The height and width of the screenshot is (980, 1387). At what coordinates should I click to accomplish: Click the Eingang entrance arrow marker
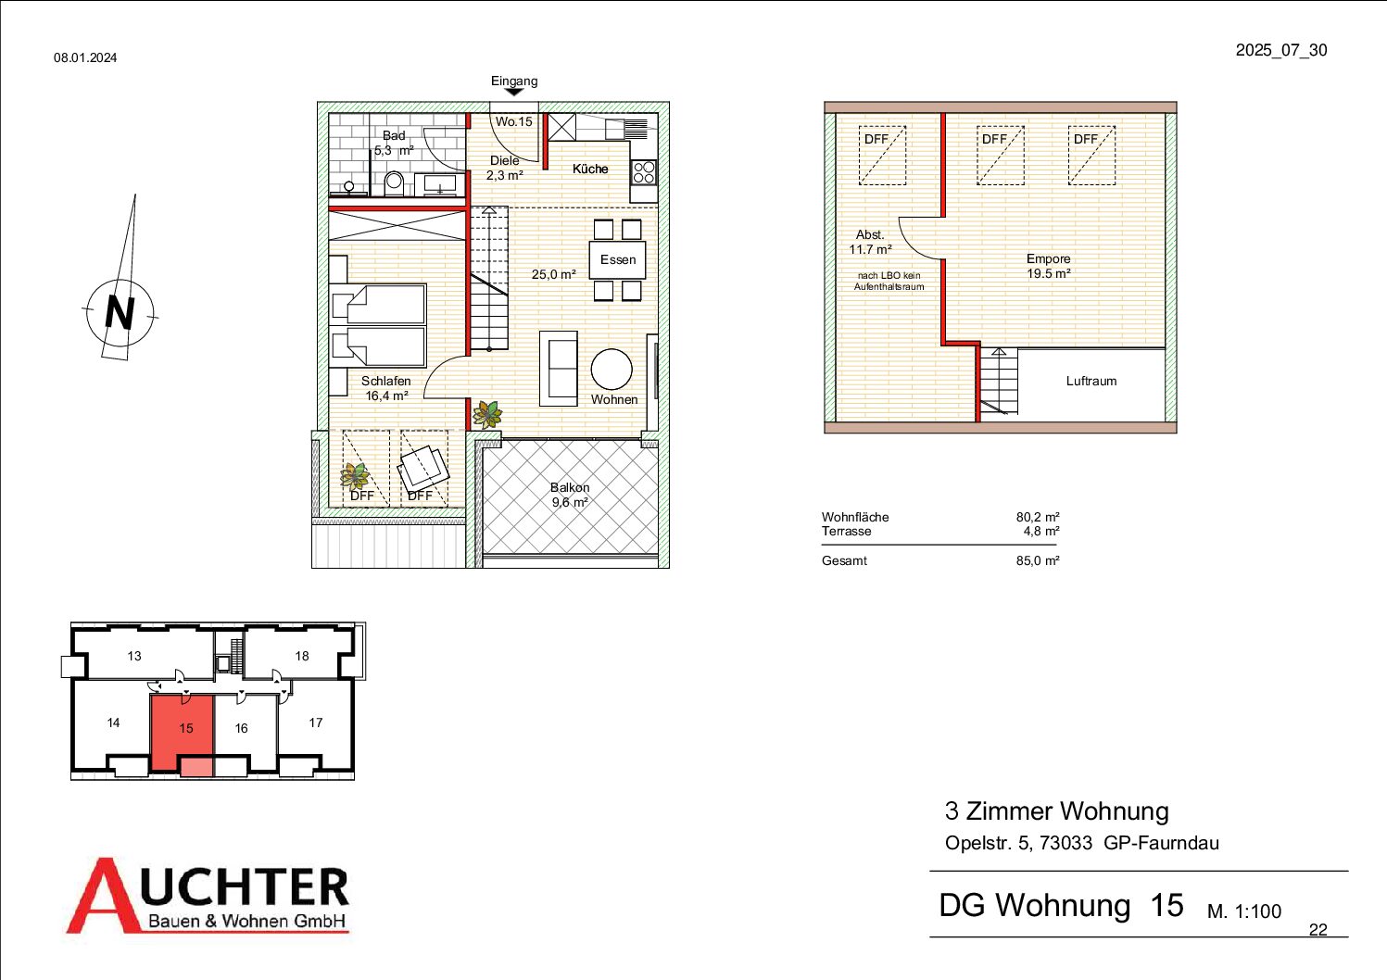(x=514, y=93)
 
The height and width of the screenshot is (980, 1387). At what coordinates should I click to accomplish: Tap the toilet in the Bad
(x=394, y=184)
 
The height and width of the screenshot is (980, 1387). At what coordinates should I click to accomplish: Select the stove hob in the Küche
(x=644, y=172)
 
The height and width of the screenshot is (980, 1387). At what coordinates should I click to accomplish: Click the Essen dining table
(x=617, y=259)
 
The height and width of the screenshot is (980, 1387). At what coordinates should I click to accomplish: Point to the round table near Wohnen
(x=612, y=370)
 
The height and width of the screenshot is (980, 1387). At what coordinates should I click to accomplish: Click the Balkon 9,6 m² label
(x=570, y=495)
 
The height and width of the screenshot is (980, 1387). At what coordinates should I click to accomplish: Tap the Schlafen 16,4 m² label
(x=385, y=388)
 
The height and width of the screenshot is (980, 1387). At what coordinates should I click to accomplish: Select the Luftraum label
(x=1091, y=381)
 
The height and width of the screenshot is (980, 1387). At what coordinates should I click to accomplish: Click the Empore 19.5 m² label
(x=1048, y=266)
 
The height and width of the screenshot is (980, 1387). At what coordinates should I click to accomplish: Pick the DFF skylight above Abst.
(x=882, y=156)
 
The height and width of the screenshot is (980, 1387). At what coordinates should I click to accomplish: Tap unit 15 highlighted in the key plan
(x=183, y=735)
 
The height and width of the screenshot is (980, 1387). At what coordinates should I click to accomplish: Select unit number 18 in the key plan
(x=301, y=656)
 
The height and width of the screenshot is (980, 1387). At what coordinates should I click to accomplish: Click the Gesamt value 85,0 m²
(x=1037, y=560)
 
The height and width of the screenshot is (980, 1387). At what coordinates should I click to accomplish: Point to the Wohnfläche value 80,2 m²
(x=1037, y=516)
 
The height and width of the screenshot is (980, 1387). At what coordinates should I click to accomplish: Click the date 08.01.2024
(x=85, y=57)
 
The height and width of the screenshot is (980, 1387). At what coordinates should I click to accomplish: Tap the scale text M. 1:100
(x=1244, y=911)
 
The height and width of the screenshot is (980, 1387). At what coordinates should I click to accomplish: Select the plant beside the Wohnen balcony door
(x=487, y=414)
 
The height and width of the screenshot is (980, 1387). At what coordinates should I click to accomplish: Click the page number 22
(x=1318, y=929)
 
